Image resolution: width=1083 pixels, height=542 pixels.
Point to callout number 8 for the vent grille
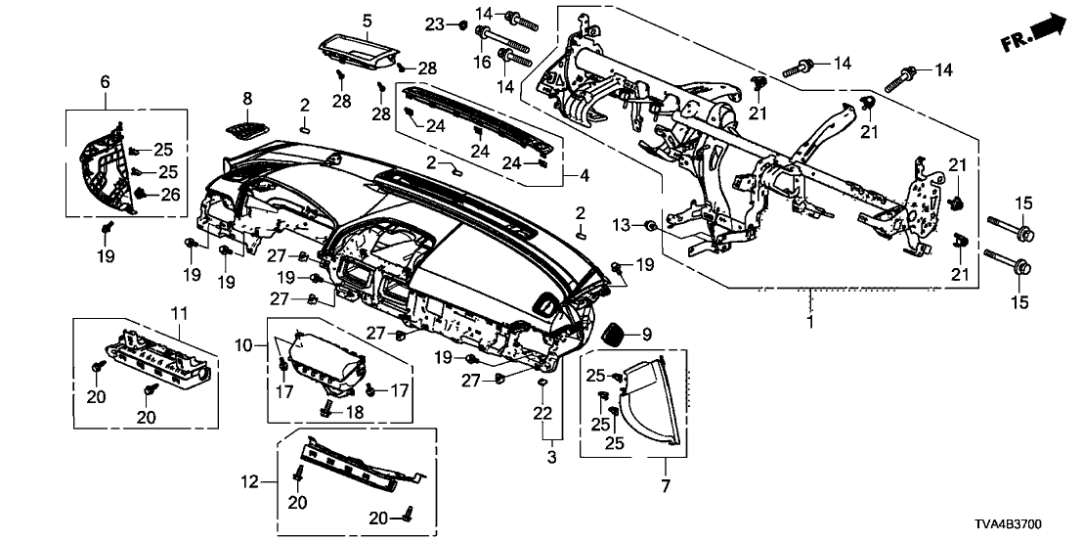tap(247, 98)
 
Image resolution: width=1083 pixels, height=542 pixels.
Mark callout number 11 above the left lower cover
tap(178, 312)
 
